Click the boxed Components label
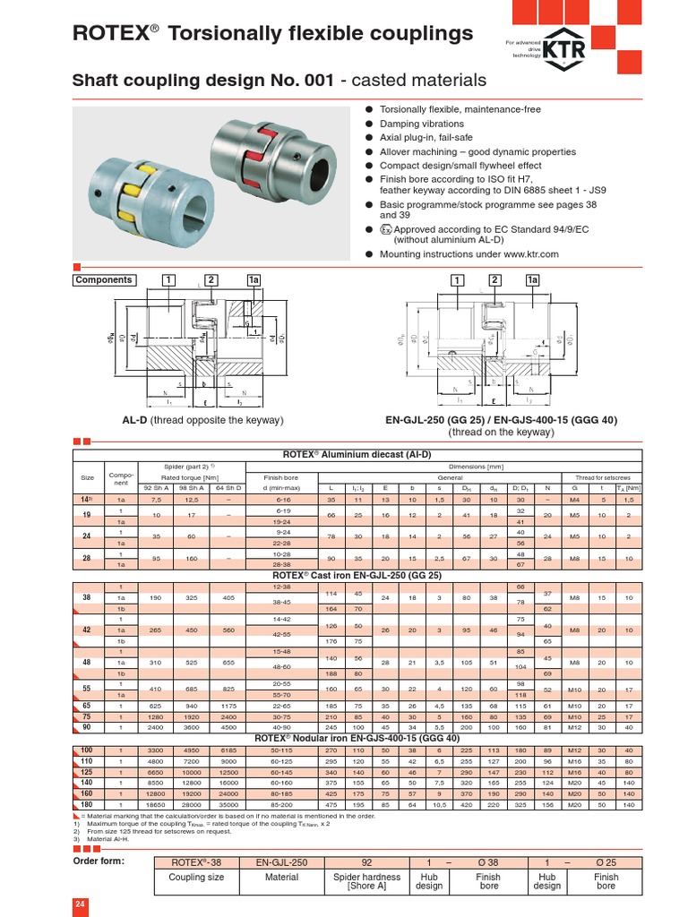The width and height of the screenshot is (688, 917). (x=104, y=280)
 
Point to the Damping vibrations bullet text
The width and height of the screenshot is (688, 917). (x=422, y=124)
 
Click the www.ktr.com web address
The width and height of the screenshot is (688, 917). (x=524, y=254)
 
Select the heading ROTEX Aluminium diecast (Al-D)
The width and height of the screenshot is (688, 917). (x=357, y=454)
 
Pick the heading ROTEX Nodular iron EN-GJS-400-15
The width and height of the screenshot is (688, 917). (x=357, y=737)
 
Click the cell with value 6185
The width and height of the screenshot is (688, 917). (x=228, y=749)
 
